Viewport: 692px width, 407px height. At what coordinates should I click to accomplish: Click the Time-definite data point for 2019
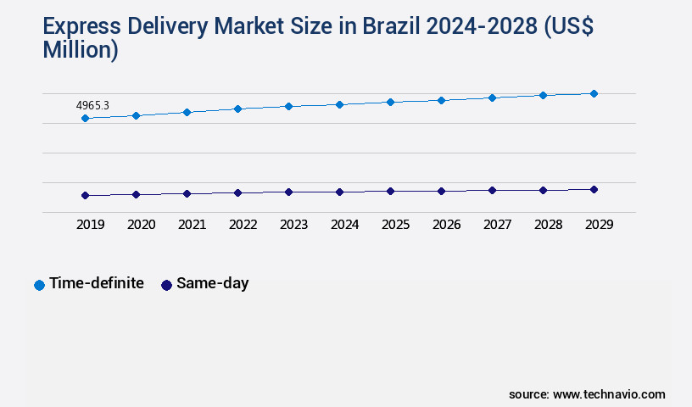click(85, 118)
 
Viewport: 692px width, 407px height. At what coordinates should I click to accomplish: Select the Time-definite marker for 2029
click(594, 93)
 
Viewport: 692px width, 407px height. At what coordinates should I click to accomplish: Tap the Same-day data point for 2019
click(85, 195)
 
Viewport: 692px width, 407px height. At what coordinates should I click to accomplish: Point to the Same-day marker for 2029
click(594, 189)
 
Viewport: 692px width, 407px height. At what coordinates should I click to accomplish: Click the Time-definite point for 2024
click(339, 104)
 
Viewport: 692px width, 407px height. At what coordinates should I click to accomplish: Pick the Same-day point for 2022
click(237, 192)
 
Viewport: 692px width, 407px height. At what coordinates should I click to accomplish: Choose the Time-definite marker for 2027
click(492, 98)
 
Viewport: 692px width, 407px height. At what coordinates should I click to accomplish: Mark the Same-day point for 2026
click(441, 191)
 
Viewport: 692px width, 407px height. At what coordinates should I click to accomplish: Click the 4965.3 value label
click(92, 106)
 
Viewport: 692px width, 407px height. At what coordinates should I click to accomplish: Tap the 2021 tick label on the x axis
click(192, 225)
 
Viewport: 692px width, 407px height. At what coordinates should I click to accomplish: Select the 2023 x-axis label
click(293, 225)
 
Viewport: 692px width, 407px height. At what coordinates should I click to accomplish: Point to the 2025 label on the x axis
click(395, 225)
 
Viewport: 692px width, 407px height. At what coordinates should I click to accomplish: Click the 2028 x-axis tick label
click(548, 225)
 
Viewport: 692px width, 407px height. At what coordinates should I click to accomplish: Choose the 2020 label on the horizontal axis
click(141, 225)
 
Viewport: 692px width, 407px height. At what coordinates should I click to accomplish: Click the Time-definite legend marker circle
click(39, 285)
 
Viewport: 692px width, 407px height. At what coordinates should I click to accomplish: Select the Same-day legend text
click(212, 283)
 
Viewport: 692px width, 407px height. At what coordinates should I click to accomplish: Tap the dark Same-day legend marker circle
click(166, 285)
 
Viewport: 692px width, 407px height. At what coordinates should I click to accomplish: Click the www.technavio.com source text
click(609, 394)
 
